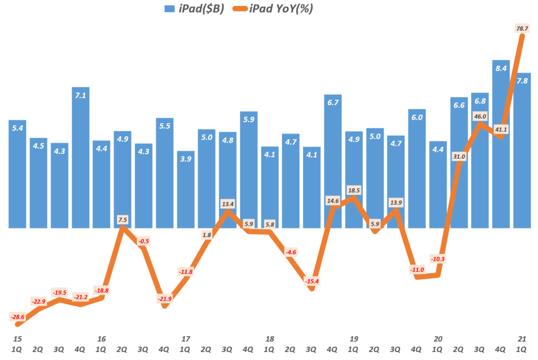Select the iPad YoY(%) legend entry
coord(279,8)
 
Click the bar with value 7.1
coord(80,158)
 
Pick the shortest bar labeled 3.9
coord(185,189)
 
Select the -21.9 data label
coord(164,299)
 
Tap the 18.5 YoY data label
coord(354,190)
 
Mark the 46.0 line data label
coord(480,117)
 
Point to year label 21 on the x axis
coord(522,338)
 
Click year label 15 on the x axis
coord(17,338)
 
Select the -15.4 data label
coord(312,282)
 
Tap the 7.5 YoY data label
coord(122,219)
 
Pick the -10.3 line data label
coord(438,259)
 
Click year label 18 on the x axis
coord(270,338)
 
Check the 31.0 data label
coord(459,156)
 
